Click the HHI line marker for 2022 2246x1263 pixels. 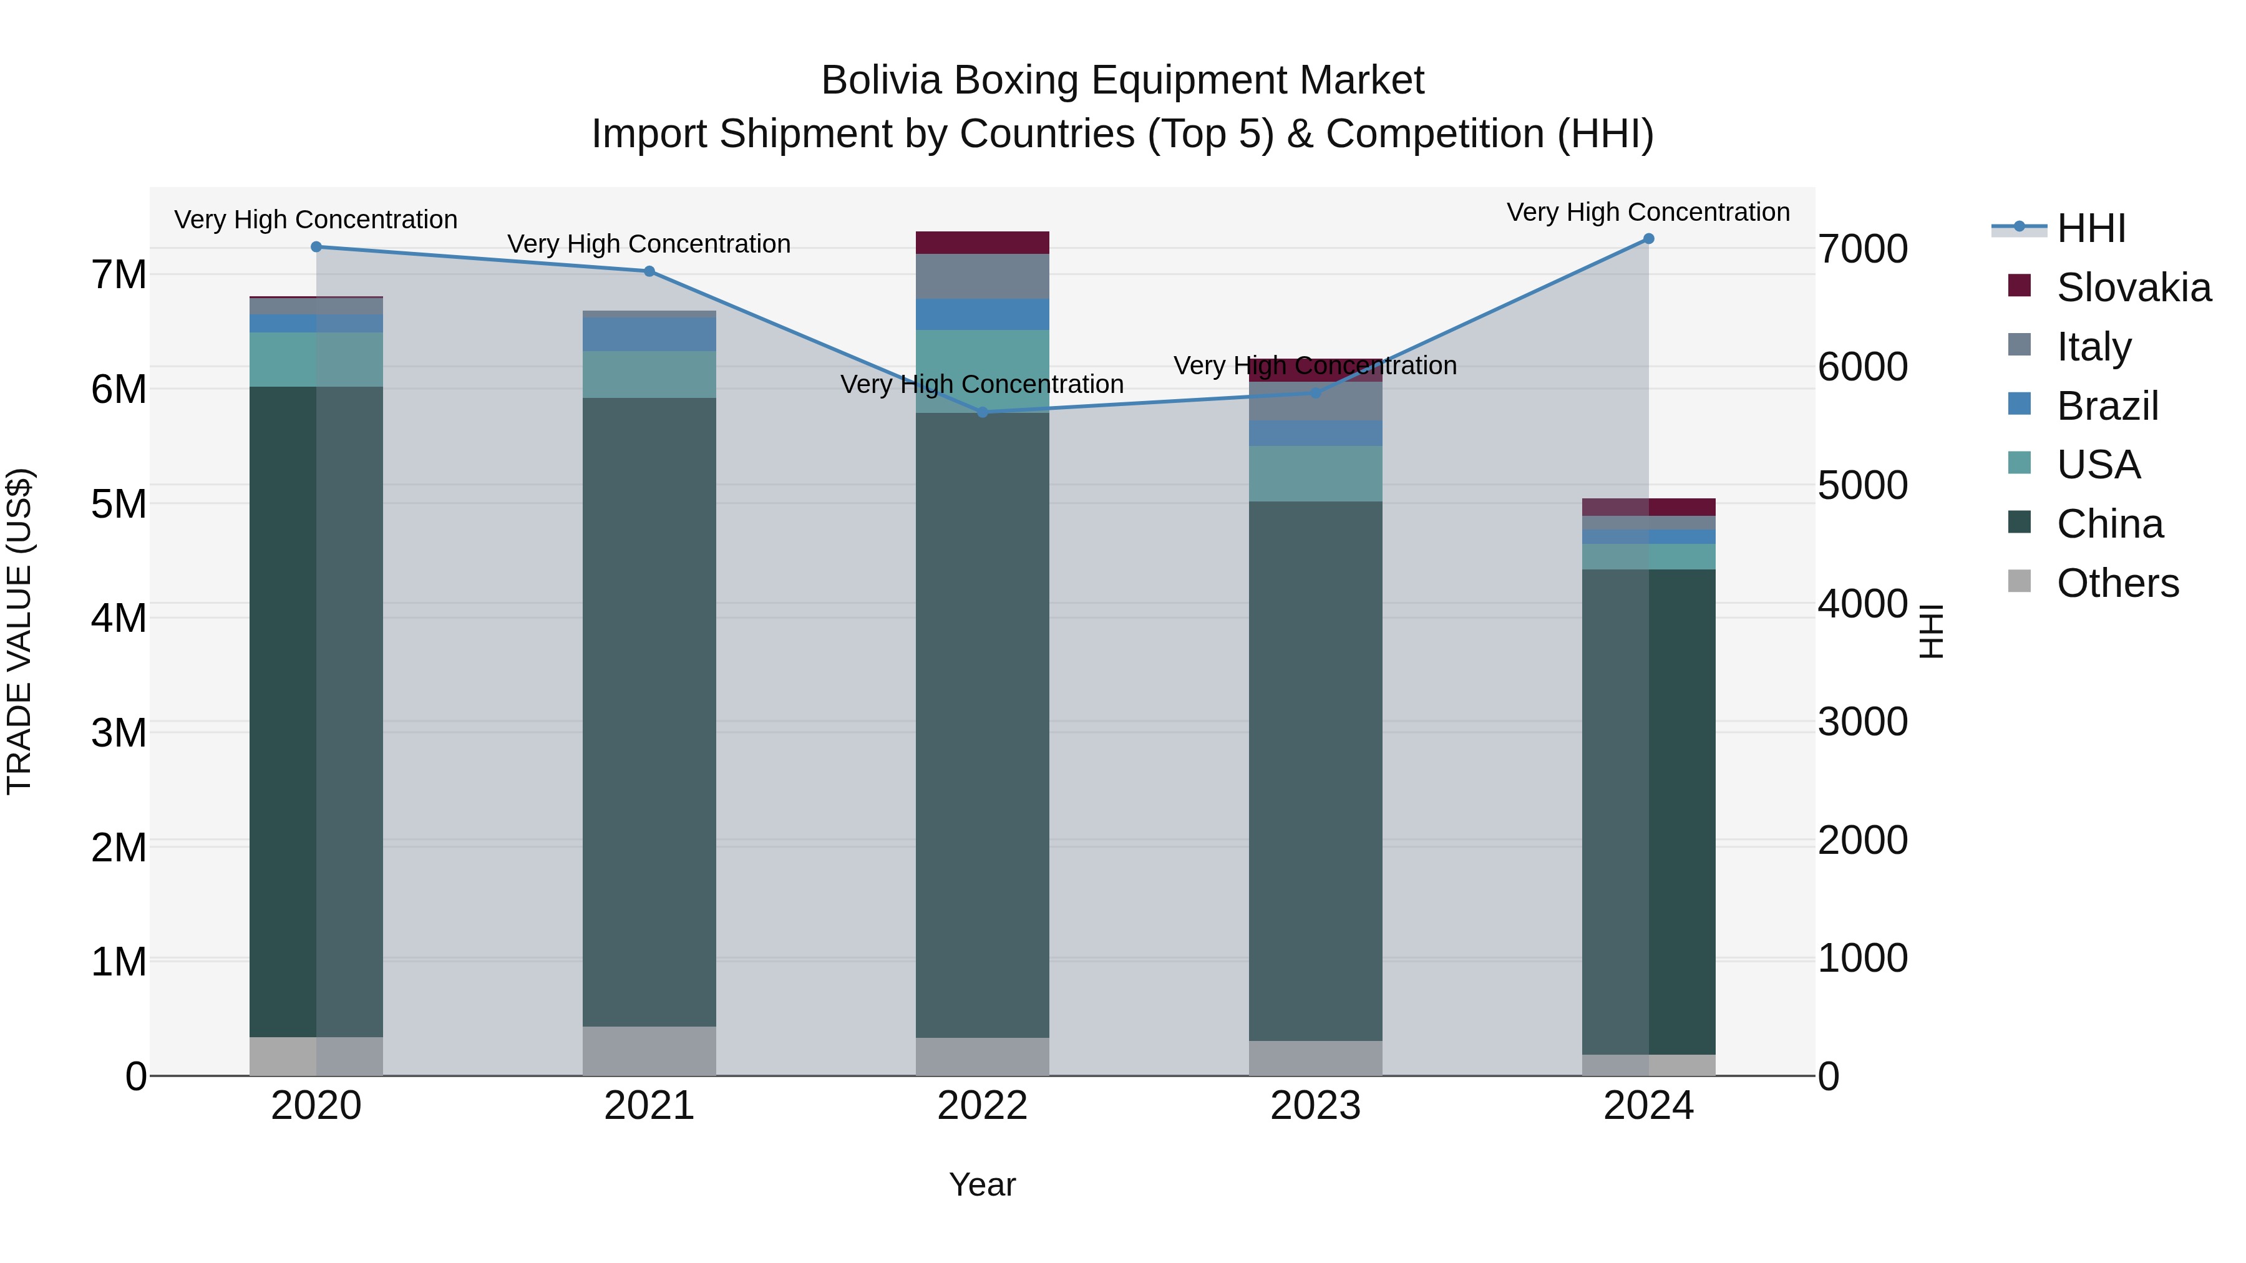click(x=983, y=412)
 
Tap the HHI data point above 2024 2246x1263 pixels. click(x=1649, y=239)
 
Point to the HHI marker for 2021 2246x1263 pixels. click(x=649, y=271)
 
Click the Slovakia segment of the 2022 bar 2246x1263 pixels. click(x=983, y=243)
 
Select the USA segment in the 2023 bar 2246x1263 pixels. click(x=1316, y=473)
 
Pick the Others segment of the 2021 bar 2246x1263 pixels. click(x=649, y=1050)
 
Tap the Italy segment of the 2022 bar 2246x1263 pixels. click(x=983, y=276)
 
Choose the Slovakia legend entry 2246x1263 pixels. click(x=2132, y=288)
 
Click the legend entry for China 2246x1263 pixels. click(x=2109, y=524)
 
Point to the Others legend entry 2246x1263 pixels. click(x=2117, y=583)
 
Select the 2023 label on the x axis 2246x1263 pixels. click(x=1316, y=1106)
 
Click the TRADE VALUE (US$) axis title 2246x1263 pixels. click(x=19, y=631)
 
